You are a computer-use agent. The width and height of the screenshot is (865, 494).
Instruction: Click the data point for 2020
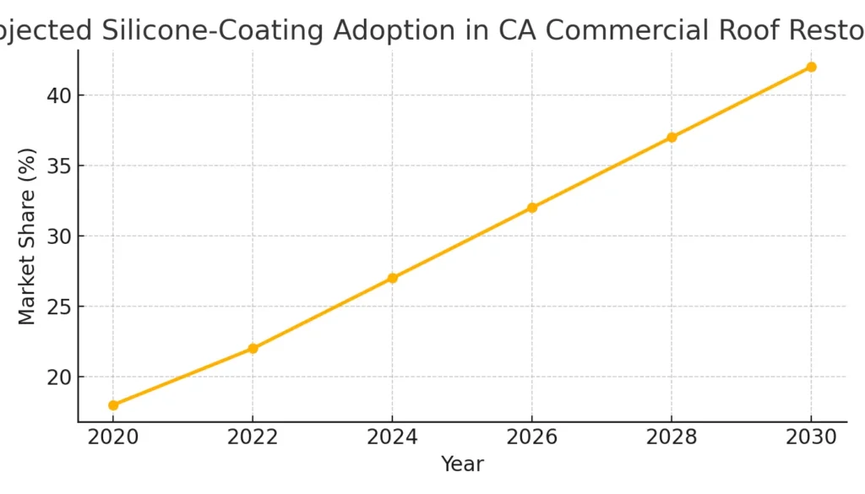click(x=113, y=405)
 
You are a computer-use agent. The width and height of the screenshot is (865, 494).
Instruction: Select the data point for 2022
click(x=253, y=348)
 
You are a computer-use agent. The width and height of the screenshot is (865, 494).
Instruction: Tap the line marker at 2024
click(x=392, y=278)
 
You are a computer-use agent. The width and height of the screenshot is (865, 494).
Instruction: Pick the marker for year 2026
click(x=532, y=208)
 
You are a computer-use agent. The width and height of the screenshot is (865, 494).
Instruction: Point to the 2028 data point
click(x=672, y=137)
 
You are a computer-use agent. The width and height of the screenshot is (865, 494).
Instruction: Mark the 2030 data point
click(x=811, y=67)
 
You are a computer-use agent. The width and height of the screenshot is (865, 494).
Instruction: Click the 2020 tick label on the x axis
click(x=113, y=438)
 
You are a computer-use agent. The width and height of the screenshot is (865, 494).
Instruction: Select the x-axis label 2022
click(x=253, y=438)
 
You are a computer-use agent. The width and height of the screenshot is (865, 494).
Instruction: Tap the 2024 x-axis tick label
click(x=392, y=438)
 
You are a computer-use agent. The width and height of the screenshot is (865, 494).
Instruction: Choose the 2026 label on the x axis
click(x=532, y=438)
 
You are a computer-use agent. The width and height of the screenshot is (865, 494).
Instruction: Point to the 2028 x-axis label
click(x=672, y=438)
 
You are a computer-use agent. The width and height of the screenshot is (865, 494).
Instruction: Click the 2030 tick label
click(x=811, y=438)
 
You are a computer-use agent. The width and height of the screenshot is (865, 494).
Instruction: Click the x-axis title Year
click(x=462, y=464)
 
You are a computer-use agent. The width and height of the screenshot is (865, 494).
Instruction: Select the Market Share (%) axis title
click(x=28, y=236)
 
